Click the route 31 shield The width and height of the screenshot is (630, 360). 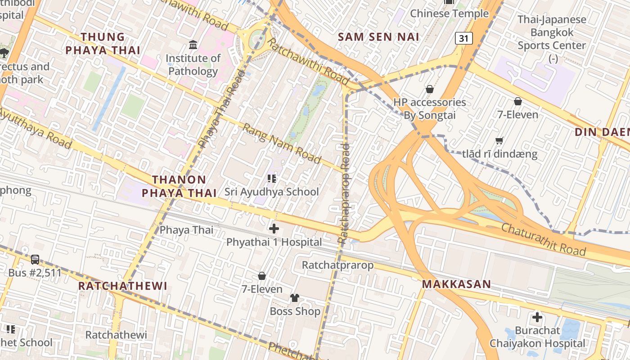[x=463, y=39]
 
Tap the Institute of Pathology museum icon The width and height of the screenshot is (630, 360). [x=193, y=45]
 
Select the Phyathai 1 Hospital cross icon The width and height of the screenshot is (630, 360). [x=274, y=229]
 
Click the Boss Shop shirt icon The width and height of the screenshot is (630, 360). [x=295, y=298]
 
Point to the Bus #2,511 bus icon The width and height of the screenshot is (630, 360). [x=35, y=260]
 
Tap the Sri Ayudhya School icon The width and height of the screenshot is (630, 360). [x=271, y=179]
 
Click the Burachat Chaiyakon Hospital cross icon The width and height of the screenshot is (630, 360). [x=537, y=317]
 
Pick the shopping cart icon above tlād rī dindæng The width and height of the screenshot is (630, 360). [x=499, y=141]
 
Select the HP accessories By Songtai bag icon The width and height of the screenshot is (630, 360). [x=430, y=89]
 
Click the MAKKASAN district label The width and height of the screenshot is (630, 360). [x=456, y=284]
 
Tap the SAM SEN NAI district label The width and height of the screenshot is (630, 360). [x=378, y=37]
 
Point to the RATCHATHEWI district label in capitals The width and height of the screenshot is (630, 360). [x=122, y=286]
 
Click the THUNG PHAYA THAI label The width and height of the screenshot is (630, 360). [x=103, y=43]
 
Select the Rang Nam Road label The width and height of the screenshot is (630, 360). [x=282, y=144]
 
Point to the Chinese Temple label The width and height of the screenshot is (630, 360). [x=449, y=13]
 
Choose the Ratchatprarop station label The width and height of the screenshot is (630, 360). [x=337, y=265]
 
